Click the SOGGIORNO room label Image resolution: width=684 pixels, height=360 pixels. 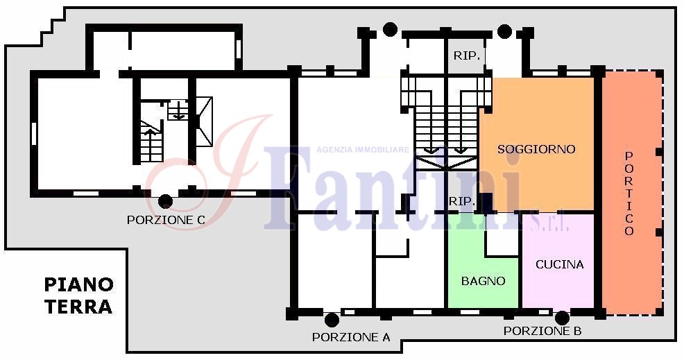[x=536, y=149]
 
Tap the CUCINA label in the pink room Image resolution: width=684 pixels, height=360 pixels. [x=559, y=264]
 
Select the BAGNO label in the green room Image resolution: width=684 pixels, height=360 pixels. [x=484, y=281]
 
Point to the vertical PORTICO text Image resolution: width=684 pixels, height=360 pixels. [x=629, y=194]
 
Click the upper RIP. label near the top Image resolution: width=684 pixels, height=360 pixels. [x=467, y=56]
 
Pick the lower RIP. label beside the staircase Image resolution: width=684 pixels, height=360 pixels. [x=462, y=202]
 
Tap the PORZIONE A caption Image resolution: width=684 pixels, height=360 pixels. [x=351, y=337]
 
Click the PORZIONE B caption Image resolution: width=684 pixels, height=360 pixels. [x=542, y=331]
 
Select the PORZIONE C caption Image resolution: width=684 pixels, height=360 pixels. [x=166, y=220]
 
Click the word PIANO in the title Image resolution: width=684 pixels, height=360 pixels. [x=79, y=285]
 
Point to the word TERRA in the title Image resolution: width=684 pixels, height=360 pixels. [x=78, y=307]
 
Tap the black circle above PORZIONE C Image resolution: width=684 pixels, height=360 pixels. [x=165, y=201]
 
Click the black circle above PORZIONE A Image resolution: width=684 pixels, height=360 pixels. [x=332, y=320]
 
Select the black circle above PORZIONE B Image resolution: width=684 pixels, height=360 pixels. [x=562, y=318]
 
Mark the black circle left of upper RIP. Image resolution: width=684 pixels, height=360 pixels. [x=390, y=29]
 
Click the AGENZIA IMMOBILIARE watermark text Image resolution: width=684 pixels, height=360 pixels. [x=363, y=150]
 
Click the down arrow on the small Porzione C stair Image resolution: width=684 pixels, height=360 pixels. [x=179, y=114]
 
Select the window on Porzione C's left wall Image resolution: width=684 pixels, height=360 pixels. [x=33, y=133]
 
